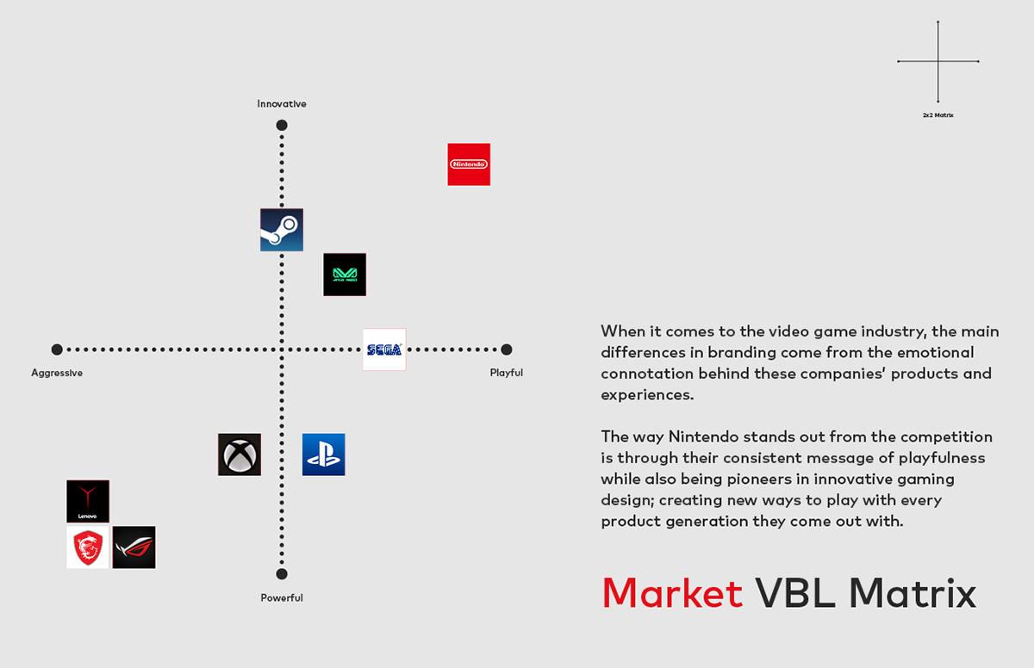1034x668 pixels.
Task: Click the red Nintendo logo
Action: [x=469, y=164]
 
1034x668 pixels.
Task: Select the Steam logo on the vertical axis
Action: [x=282, y=230]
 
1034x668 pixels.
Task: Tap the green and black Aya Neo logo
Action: [x=345, y=275]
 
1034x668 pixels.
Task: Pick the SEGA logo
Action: [x=384, y=349]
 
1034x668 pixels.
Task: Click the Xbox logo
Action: [x=240, y=455]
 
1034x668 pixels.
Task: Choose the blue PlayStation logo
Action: [x=324, y=455]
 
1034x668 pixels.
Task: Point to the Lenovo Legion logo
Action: [x=88, y=501]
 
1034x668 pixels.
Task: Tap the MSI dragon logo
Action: [x=88, y=547]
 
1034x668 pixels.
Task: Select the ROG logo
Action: [x=134, y=547]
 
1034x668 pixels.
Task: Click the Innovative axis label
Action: [x=282, y=104]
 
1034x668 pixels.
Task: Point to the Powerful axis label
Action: [x=282, y=597]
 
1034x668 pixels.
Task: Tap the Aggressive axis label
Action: [x=57, y=373]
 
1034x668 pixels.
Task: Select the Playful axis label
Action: [x=507, y=373]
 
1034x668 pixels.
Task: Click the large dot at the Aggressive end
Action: [x=57, y=349]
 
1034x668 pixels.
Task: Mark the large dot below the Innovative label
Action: [x=282, y=126]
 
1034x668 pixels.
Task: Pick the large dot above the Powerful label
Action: [x=282, y=574]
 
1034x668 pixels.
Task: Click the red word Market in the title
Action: [x=672, y=593]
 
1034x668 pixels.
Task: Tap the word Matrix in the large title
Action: [x=913, y=593]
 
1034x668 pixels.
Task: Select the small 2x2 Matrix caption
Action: [x=938, y=114]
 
